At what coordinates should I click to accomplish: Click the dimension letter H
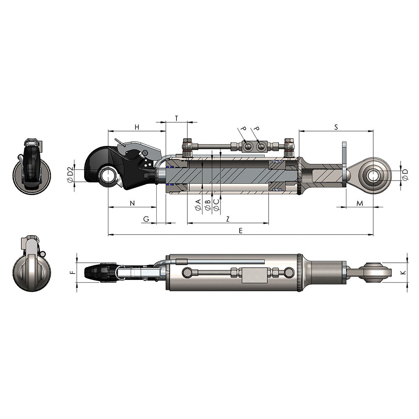[x=137, y=127]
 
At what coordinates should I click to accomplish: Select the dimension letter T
[x=177, y=118]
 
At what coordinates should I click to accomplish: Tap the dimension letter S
[x=336, y=127]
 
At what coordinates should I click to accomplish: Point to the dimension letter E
[x=241, y=230]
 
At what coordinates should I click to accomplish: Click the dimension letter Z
[x=228, y=219]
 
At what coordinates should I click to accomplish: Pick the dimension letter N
[x=132, y=203]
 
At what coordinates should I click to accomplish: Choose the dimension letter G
[x=146, y=219]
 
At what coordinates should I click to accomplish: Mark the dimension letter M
[x=360, y=203]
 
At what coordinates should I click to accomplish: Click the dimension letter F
[x=72, y=272]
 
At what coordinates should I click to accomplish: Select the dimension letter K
[x=403, y=272]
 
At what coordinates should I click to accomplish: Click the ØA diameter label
[x=198, y=205]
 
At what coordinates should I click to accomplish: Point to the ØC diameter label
[x=216, y=205]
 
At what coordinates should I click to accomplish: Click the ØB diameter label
[x=207, y=205]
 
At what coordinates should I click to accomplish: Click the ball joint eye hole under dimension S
[x=373, y=176]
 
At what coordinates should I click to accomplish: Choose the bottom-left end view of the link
[x=31, y=265]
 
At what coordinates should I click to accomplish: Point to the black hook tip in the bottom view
[x=94, y=272]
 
